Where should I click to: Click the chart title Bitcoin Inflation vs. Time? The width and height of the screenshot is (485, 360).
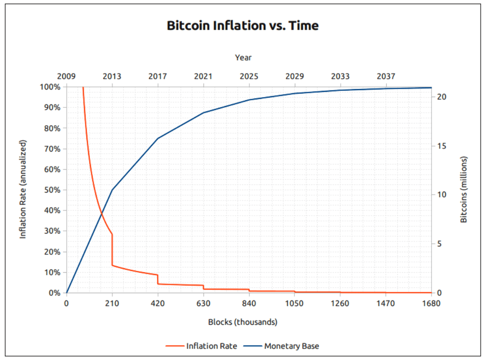tap(242, 26)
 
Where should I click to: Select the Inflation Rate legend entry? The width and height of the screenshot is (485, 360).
tap(201, 346)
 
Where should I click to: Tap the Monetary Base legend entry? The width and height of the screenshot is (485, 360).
tap(282, 346)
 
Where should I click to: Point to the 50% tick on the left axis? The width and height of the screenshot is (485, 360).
tap(53, 190)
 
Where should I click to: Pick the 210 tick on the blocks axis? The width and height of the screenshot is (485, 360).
tap(112, 303)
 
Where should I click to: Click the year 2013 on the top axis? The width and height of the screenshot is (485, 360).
tap(112, 76)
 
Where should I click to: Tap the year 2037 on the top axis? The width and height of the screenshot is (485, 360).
tap(386, 76)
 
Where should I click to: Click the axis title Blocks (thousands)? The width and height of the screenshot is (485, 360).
tap(243, 322)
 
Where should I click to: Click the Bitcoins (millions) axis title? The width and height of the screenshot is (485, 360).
tap(464, 189)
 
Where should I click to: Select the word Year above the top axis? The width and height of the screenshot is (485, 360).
tap(243, 58)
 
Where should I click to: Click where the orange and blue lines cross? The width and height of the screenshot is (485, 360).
tap(101, 214)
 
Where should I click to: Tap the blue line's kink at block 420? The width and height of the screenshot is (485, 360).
tap(158, 138)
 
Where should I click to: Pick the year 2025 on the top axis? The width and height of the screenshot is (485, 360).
tap(249, 76)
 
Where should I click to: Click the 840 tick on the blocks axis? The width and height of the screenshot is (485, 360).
tap(249, 303)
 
